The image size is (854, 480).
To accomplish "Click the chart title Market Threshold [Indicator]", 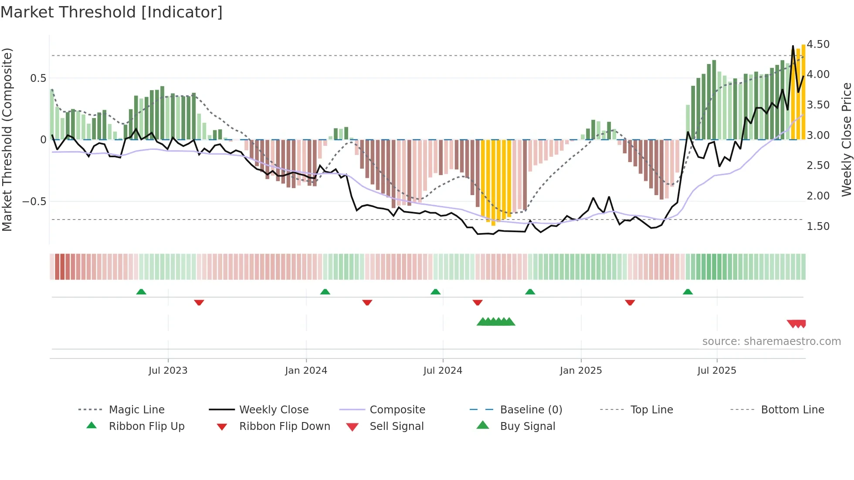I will pos(112,12).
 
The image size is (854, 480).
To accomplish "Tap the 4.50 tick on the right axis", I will pos(818,44).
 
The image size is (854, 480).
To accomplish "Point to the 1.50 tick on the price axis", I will pos(818,226).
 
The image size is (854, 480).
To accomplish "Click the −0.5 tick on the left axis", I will pos(34,202).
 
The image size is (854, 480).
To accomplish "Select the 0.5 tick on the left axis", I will pos(38,78).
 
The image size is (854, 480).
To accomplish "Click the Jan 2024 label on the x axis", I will pos(306,371).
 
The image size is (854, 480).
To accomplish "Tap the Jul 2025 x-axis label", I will pos(716,371).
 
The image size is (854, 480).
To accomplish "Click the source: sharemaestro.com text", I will pos(771,341).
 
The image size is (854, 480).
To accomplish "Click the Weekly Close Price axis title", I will pos(846,139).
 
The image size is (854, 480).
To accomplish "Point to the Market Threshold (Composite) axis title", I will pos(7,139).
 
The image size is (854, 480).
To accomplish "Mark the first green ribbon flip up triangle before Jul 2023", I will pos(141,292).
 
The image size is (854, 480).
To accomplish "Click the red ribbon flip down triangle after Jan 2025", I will pos(630,302).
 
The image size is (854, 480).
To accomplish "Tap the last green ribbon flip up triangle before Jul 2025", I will pos(688,292).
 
